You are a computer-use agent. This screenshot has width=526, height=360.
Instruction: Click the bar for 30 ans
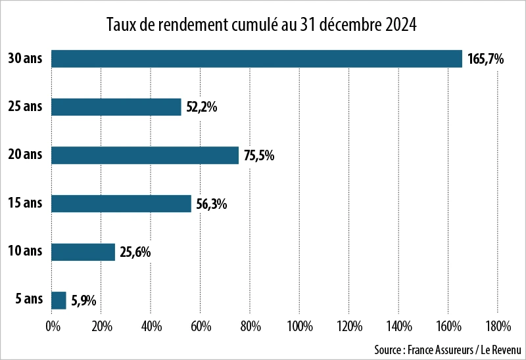(256, 58)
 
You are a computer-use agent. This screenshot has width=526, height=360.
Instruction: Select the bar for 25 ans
(116, 107)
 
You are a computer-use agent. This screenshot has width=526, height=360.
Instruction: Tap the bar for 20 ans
(145, 155)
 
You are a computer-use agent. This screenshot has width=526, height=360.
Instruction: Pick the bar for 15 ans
(121, 204)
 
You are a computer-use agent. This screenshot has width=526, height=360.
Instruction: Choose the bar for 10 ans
(83, 252)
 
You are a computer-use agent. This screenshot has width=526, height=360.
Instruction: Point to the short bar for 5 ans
(59, 300)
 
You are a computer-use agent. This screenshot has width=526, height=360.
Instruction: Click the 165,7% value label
(485, 59)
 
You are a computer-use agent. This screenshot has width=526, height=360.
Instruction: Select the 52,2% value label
(202, 108)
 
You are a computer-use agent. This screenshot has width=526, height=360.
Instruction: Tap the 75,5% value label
(259, 156)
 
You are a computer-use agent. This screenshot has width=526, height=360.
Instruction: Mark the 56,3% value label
(212, 204)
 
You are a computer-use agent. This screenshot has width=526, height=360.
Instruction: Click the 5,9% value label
(84, 301)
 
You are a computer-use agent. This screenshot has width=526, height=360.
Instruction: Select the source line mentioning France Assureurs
(446, 348)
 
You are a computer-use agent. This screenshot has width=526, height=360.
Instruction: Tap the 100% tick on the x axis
(299, 326)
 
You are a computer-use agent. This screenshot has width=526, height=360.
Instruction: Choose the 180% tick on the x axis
(497, 326)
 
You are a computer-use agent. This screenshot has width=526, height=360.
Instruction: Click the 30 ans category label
(25, 58)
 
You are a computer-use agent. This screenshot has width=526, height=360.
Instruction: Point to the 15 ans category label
(25, 204)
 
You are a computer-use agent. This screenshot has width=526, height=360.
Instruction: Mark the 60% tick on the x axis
(200, 326)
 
